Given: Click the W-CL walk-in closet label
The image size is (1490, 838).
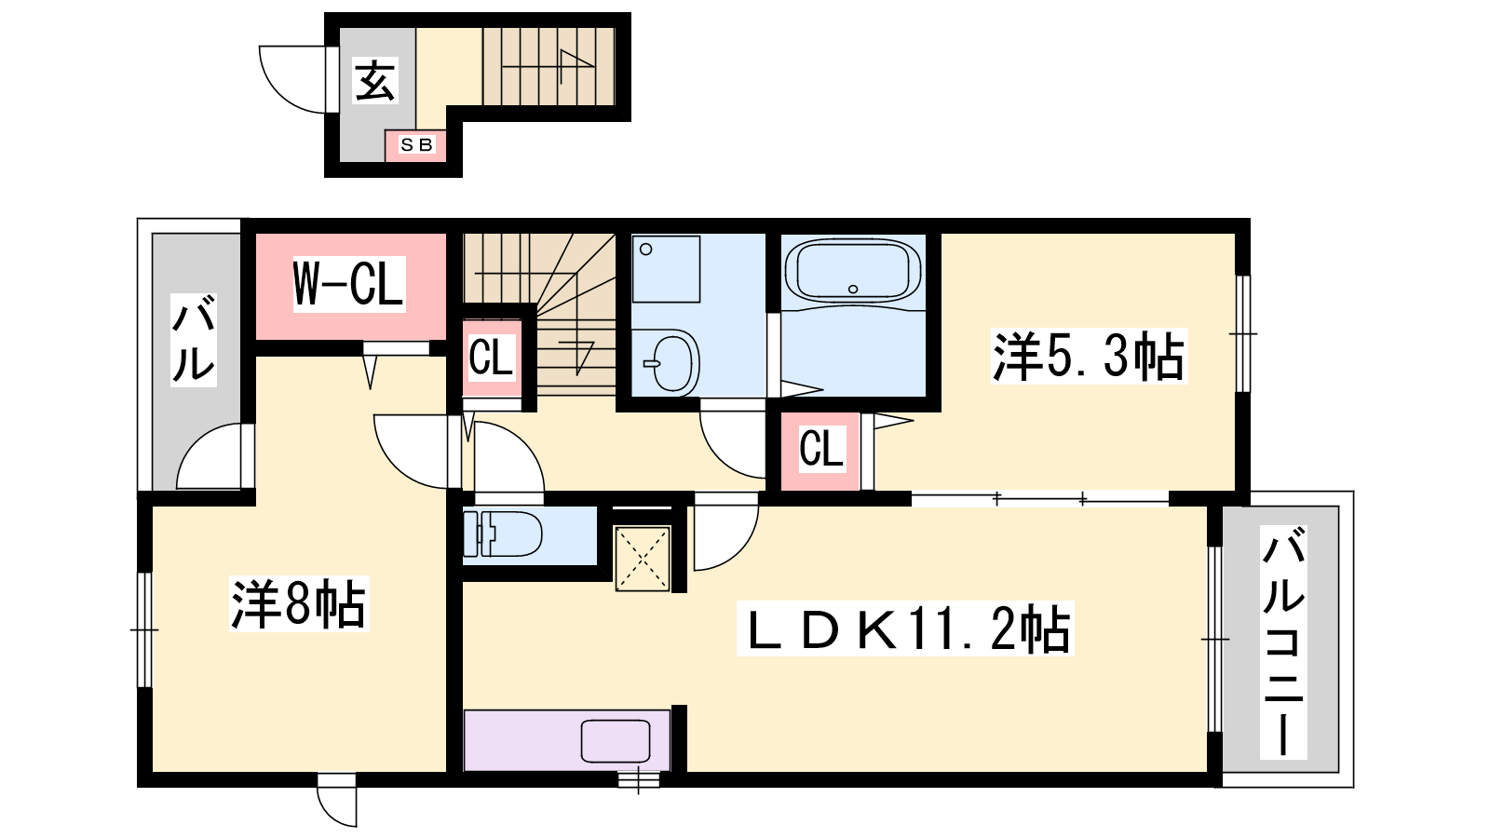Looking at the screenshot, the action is [348, 283].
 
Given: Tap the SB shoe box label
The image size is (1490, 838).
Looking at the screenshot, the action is [416, 144].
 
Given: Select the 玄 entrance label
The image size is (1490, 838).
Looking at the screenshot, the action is [374, 80].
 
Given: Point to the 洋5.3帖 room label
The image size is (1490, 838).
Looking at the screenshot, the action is [1089, 356].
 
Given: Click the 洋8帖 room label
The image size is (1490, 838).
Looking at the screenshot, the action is [299, 604].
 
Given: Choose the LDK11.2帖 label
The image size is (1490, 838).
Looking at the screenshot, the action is [905, 628].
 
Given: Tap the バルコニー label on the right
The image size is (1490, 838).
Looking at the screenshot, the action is [1283, 642].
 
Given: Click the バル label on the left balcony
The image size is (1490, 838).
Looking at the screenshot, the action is [194, 339].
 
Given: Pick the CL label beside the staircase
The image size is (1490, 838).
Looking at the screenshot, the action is [491, 358].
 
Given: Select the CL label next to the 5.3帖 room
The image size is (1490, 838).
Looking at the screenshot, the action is [821, 448].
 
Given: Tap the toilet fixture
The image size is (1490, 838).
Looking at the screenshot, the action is [503, 534].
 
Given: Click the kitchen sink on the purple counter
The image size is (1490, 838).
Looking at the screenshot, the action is [616, 741].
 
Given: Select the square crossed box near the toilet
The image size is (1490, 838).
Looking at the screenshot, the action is [642, 559].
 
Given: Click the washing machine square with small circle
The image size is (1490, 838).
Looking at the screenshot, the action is [666, 269].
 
